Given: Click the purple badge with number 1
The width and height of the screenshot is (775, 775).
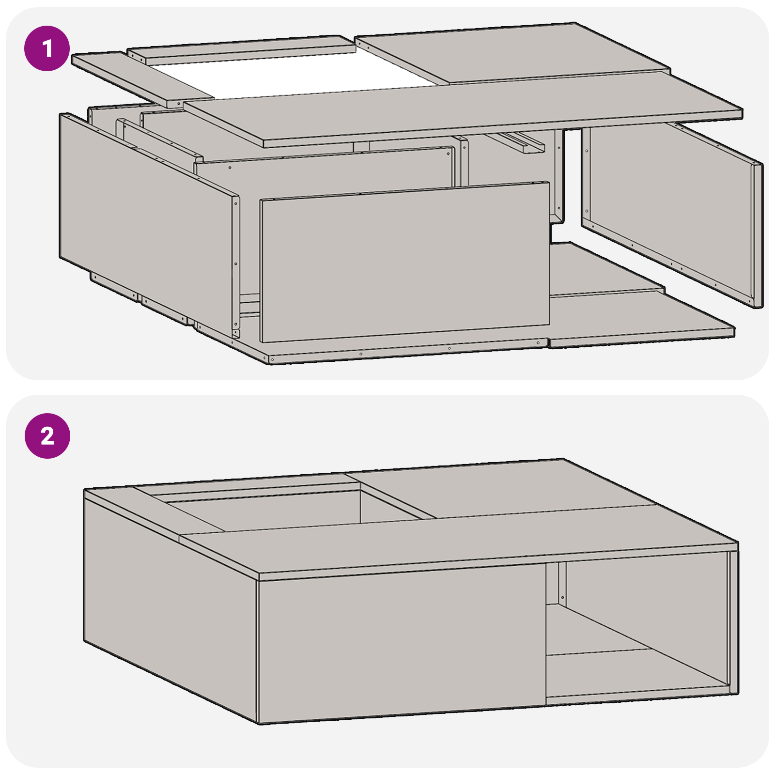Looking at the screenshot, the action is [47, 48].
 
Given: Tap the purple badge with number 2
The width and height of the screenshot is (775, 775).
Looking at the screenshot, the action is [47, 436].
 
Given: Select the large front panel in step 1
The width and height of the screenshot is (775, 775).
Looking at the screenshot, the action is [405, 262].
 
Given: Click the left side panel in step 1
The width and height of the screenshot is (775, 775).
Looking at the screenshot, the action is [149, 211].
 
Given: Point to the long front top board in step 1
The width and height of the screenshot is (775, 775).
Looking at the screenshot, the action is [463, 109].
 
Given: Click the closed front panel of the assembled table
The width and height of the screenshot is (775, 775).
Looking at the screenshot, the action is [402, 642].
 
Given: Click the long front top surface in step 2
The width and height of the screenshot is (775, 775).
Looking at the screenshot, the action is [460, 542].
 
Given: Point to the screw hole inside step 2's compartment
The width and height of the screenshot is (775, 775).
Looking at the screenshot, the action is [562, 597].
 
